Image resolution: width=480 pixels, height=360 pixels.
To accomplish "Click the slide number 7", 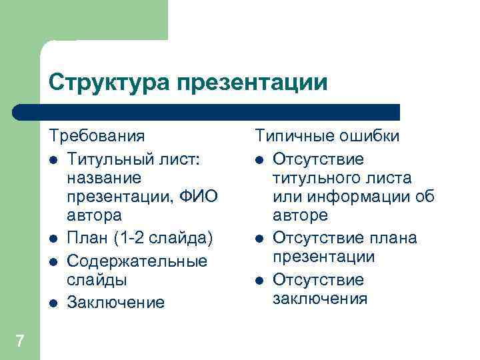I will (x=20, y=341).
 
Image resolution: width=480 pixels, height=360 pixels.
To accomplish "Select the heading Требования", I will (x=97, y=137).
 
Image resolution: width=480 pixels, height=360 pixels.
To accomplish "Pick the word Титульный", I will (x=115, y=159).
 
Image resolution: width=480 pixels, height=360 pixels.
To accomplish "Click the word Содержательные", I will (x=137, y=261).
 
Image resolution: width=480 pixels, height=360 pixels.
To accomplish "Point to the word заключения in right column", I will (x=319, y=298).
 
